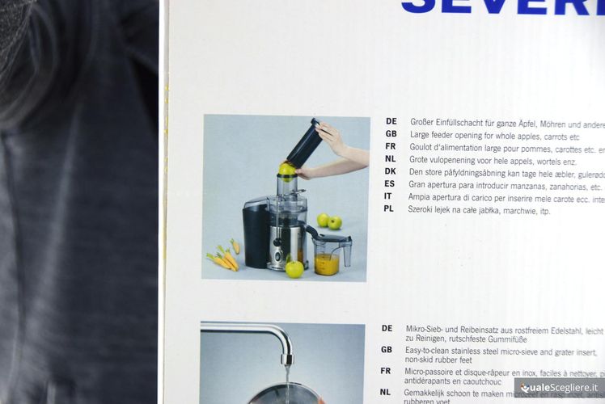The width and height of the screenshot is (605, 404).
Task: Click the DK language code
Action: click(391, 172)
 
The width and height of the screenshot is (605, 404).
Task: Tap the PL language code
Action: click(389, 208)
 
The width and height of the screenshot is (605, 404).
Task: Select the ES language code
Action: click(390, 184)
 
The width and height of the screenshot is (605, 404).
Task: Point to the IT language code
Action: click(388, 196)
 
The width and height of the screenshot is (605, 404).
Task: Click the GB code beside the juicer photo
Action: click(391, 134)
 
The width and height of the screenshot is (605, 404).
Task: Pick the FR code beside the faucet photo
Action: click(386, 371)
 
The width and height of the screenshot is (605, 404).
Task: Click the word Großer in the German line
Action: click(425, 123)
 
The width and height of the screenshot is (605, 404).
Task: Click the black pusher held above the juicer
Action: click(304, 143)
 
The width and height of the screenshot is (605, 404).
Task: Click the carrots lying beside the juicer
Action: click(223, 258)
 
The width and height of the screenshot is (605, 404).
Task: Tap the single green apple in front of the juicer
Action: click(294, 268)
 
